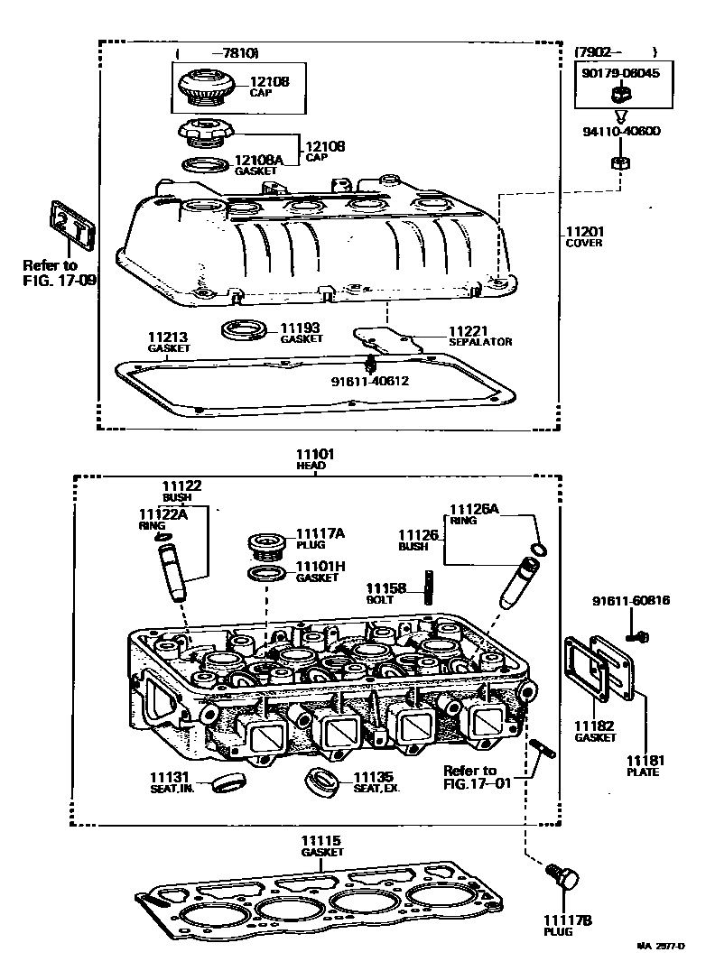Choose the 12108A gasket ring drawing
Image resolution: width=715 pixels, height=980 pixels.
coord(206,165)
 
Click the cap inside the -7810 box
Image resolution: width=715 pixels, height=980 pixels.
coord(206,88)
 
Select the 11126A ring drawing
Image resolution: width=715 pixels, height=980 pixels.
coord(538,550)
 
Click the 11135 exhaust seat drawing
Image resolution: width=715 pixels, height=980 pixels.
coord(321,781)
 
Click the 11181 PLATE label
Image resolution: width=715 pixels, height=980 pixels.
coord(644,766)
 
